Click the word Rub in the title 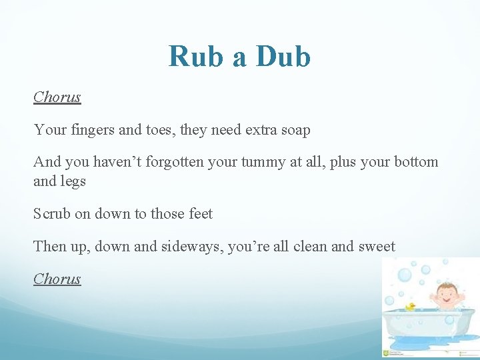(x=197, y=57)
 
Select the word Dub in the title (x=283, y=57)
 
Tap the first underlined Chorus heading (x=57, y=97)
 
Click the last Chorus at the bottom (x=57, y=279)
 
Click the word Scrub (x=52, y=214)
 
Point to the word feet (x=199, y=214)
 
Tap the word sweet (x=377, y=247)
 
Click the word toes (x=158, y=130)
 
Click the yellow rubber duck (x=411, y=307)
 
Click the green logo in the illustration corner (x=387, y=352)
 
